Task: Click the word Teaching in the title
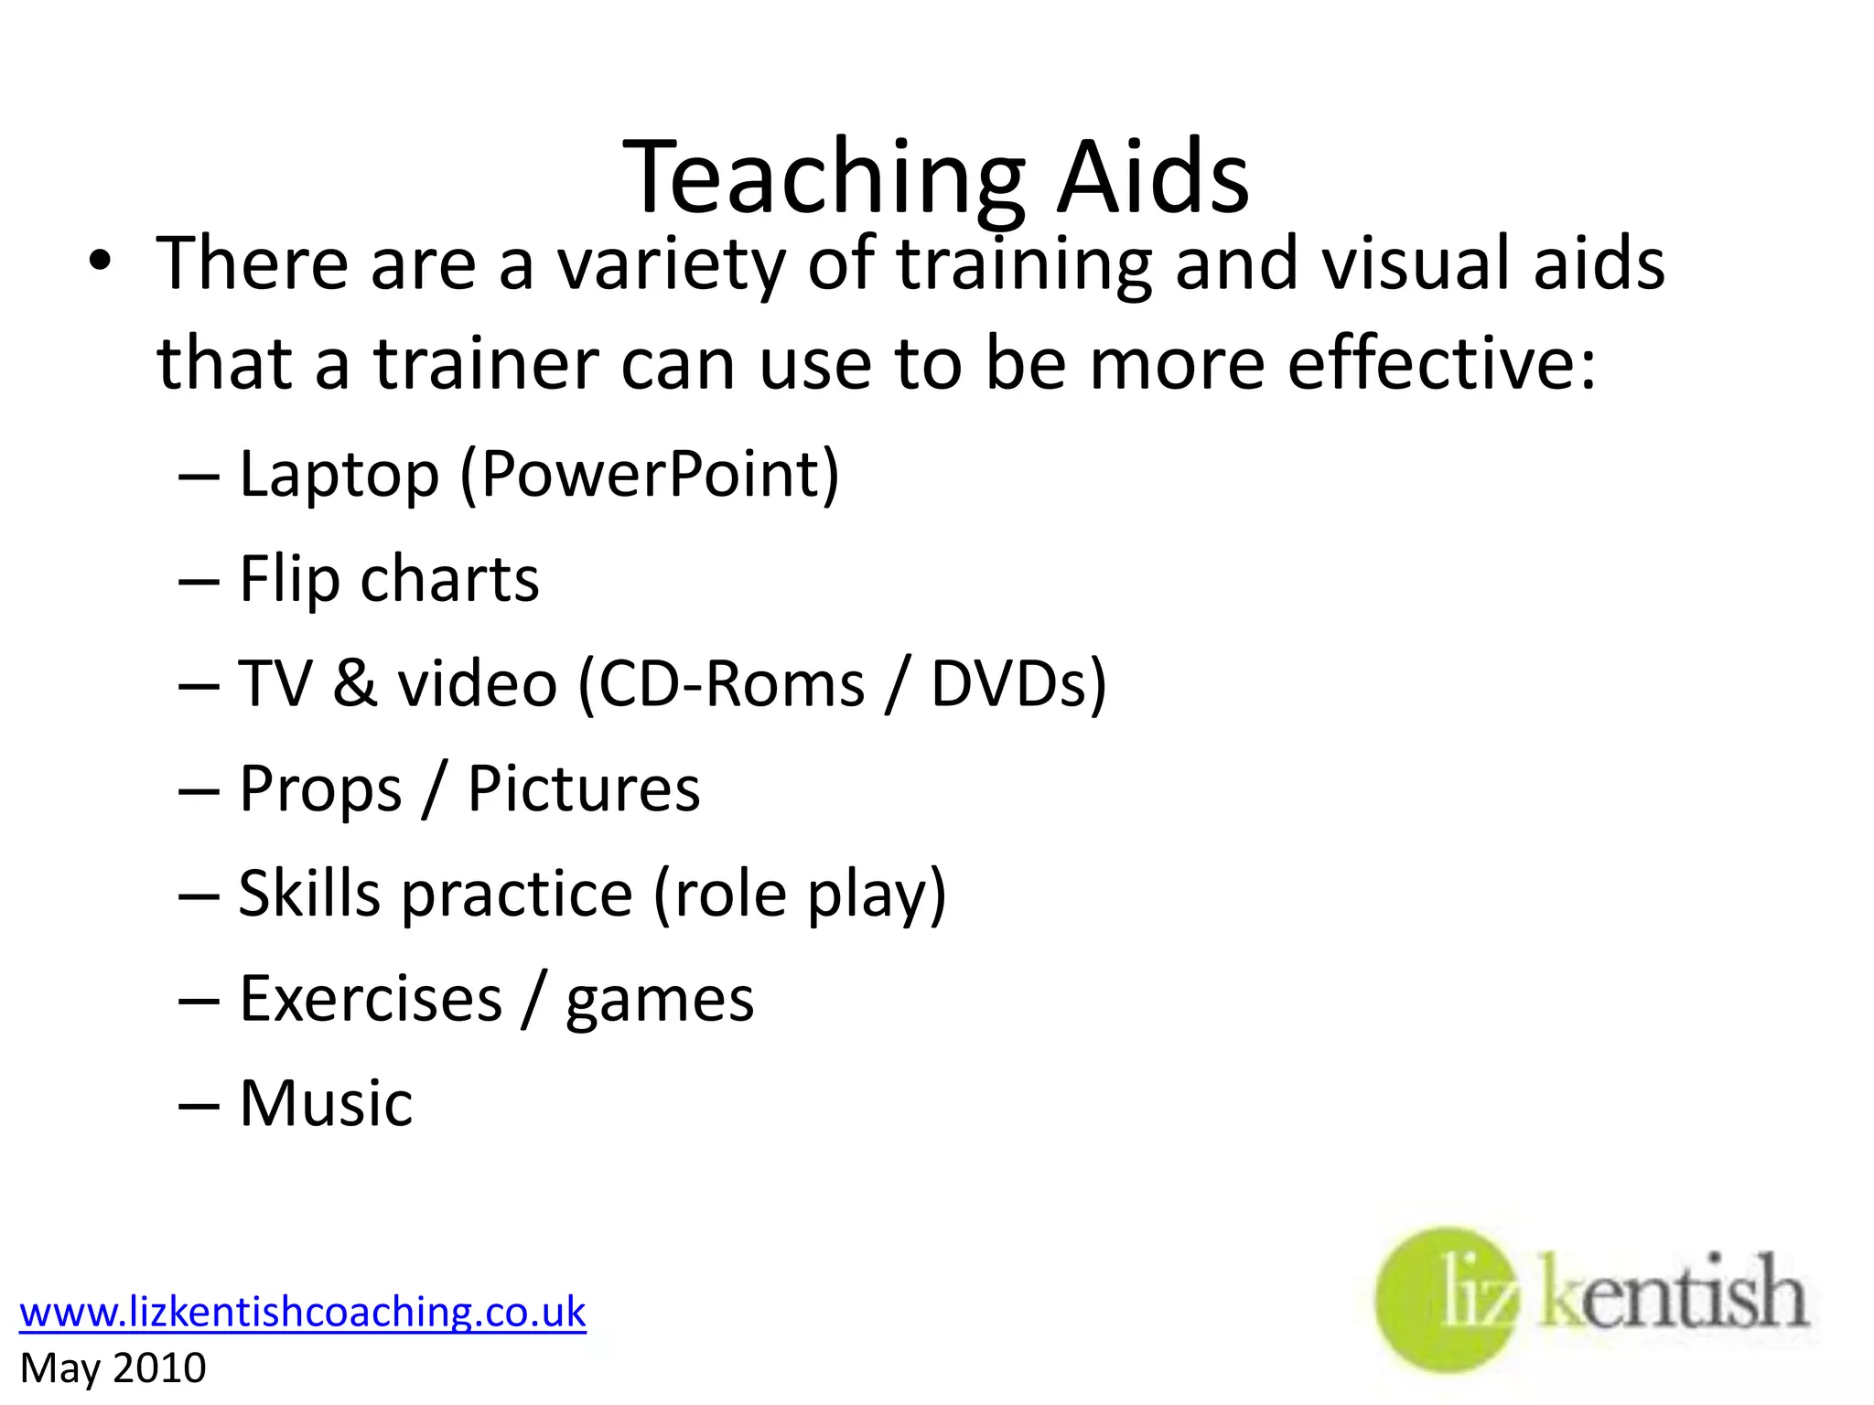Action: (824, 178)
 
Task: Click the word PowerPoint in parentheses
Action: (650, 475)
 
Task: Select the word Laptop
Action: (339, 475)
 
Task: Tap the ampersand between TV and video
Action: (354, 684)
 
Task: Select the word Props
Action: (320, 789)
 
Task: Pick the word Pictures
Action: (584, 788)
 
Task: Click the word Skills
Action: (309, 894)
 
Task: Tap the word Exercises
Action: (371, 998)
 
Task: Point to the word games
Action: (660, 1000)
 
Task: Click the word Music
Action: (326, 1103)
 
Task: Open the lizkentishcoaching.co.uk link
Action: (302, 1313)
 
